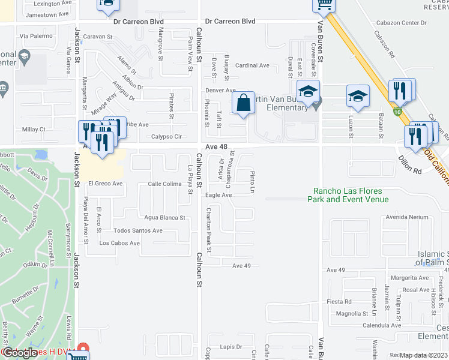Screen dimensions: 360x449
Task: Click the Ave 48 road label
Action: coord(215,147)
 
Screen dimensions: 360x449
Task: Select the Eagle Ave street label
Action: coord(218,195)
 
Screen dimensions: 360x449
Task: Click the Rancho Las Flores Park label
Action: coord(350,195)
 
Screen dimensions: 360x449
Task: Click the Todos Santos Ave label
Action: coord(138,230)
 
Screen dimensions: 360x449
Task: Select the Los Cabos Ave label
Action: coord(119,243)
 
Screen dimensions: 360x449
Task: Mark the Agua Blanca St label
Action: coord(164,218)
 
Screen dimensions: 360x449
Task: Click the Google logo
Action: coord(20,352)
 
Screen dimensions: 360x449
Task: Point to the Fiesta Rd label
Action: coord(339,301)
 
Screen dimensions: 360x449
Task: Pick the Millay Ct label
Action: coord(34,129)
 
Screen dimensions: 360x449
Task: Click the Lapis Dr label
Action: coord(230,347)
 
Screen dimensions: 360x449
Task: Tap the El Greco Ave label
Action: coord(105,184)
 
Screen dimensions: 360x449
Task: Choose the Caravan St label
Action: coord(98,37)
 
